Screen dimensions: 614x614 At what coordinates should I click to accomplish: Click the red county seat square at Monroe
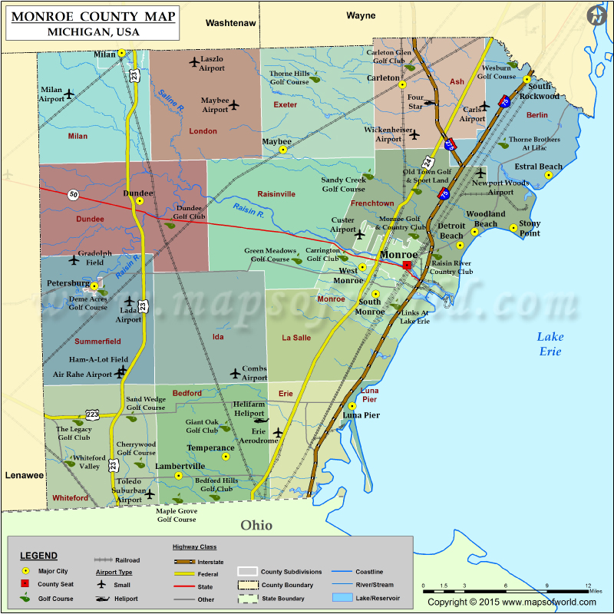[x=407, y=265]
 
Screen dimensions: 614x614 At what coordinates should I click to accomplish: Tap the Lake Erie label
[x=550, y=344]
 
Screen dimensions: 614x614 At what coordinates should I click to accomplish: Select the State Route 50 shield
[x=73, y=195]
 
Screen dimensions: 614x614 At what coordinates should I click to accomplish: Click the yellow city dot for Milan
[x=122, y=53]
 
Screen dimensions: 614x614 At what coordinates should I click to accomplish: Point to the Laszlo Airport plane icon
[x=193, y=61]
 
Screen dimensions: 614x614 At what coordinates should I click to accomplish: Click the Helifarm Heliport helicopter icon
[x=259, y=420]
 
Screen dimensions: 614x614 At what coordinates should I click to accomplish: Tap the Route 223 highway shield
[x=93, y=414]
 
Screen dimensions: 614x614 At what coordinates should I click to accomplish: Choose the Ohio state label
[x=256, y=526]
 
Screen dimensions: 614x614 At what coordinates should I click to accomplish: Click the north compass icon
[x=596, y=15]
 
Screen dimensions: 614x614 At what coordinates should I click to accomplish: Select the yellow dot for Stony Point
[x=513, y=227]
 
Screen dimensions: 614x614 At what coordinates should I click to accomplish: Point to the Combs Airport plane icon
[x=235, y=373]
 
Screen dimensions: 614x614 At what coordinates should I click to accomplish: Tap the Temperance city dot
[x=226, y=456]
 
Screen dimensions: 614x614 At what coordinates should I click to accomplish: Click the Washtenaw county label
[x=230, y=24]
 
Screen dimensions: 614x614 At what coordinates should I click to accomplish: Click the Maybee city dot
[x=282, y=150]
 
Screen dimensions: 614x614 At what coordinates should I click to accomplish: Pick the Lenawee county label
[x=25, y=475]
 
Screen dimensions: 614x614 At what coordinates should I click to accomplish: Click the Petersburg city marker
[x=94, y=286]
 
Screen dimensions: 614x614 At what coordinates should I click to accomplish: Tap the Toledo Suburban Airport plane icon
[x=150, y=494]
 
